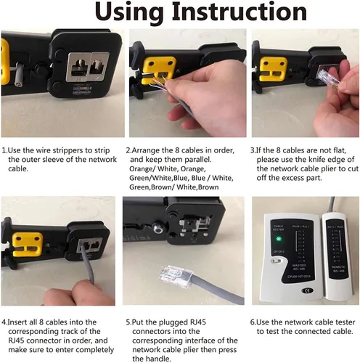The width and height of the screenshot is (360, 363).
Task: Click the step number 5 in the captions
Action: tap(128, 320)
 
